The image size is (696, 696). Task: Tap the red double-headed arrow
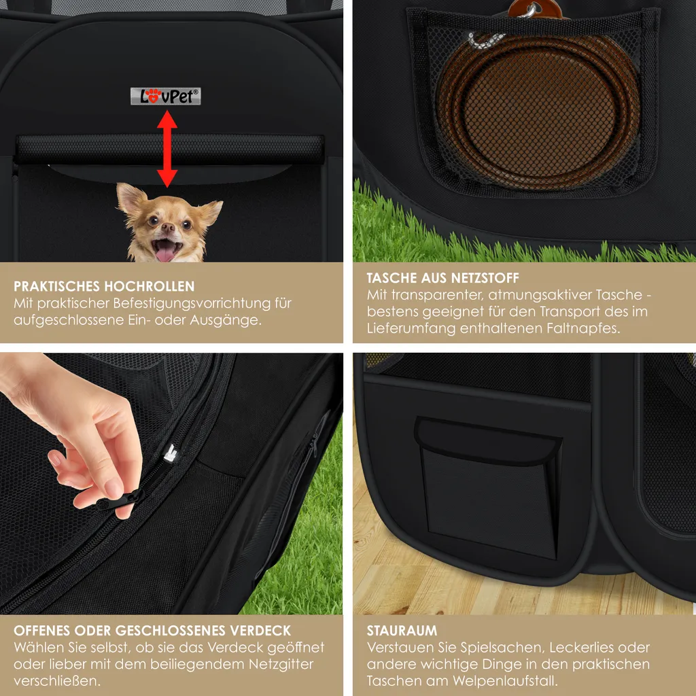pyautogui.click(x=167, y=148)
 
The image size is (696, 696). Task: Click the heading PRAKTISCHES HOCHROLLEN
pyautogui.click(x=104, y=286)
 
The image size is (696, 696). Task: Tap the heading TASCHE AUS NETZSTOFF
pyautogui.click(x=442, y=278)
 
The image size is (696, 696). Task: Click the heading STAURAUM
pyautogui.click(x=402, y=630)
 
